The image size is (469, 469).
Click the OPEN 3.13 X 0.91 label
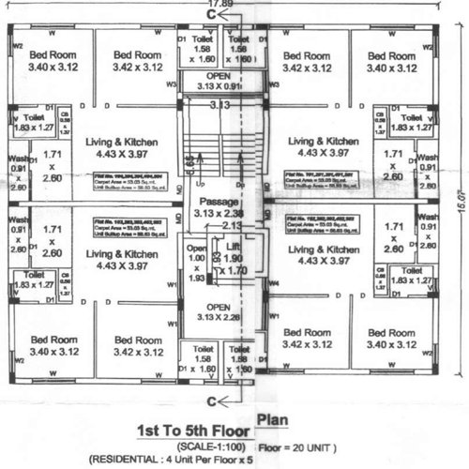219,81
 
